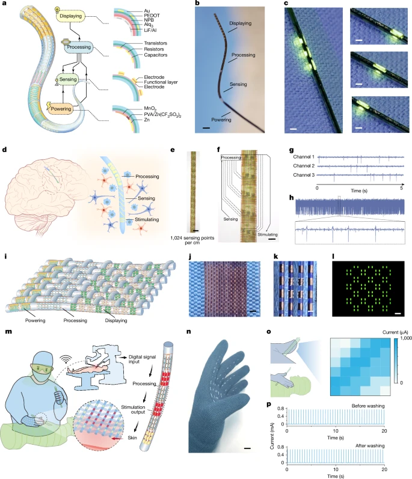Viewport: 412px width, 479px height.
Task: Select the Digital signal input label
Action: click(x=184, y=341)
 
